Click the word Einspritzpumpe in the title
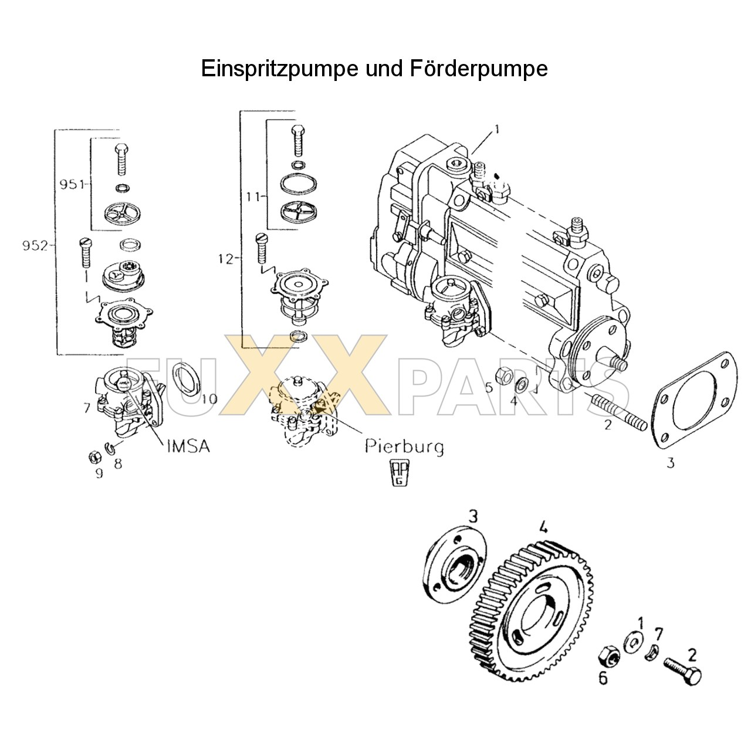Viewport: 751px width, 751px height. (279, 69)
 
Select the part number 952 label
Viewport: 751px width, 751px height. (35, 245)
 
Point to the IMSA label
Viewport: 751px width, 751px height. (188, 446)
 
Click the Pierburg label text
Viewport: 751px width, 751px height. (404, 447)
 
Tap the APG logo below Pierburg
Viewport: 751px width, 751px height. (400, 473)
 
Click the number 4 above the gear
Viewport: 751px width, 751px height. (543, 527)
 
